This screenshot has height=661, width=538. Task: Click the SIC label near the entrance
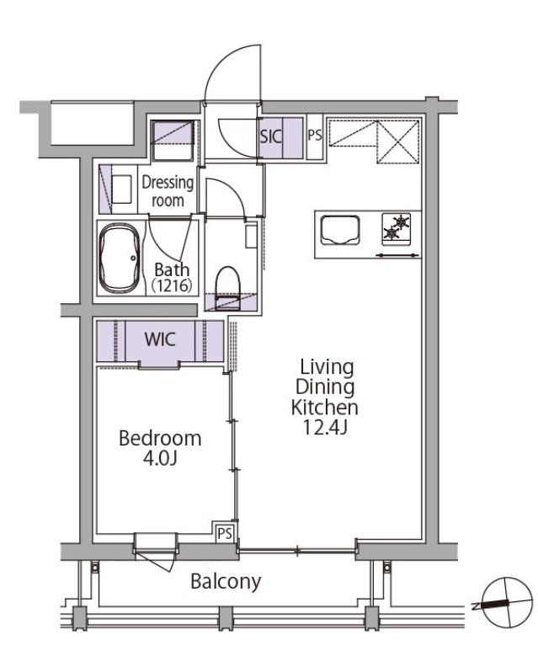click(x=270, y=136)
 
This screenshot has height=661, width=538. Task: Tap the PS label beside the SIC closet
click(x=315, y=136)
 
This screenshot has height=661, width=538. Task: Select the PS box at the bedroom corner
click(x=225, y=533)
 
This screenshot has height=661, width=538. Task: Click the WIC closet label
click(x=160, y=339)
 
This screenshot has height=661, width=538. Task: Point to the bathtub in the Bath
click(x=120, y=259)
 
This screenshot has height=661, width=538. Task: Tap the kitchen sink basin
click(x=340, y=230)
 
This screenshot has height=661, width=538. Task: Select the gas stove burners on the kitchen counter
click(x=396, y=228)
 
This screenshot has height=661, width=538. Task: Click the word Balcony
click(x=226, y=582)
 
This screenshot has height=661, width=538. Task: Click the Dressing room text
click(x=168, y=191)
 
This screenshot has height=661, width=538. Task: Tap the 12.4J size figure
click(x=325, y=428)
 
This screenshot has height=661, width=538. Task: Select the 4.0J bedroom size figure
click(x=160, y=458)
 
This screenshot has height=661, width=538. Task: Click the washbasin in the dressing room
click(x=122, y=189)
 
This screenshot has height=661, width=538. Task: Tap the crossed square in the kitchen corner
click(x=397, y=142)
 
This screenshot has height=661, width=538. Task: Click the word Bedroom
click(x=160, y=439)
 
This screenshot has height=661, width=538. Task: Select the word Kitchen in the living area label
click(x=325, y=408)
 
